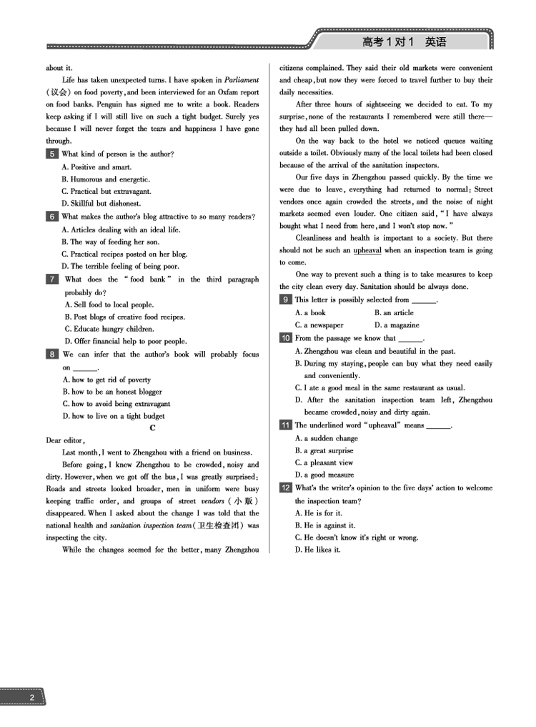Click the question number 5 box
pos(52,154)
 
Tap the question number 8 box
pos(52,354)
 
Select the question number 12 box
pos(286,488)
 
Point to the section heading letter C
pos(152,428)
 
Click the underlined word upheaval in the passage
pos(367,250)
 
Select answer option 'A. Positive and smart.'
pos(96,167)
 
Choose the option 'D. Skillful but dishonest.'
pos(101,203)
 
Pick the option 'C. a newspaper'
pos(319,325)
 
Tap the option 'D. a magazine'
pos(397,325)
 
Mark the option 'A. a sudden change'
pos(327,438)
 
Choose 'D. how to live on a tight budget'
pos(114,416)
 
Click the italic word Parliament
pos(242,80)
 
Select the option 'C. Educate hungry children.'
pos(109,329)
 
